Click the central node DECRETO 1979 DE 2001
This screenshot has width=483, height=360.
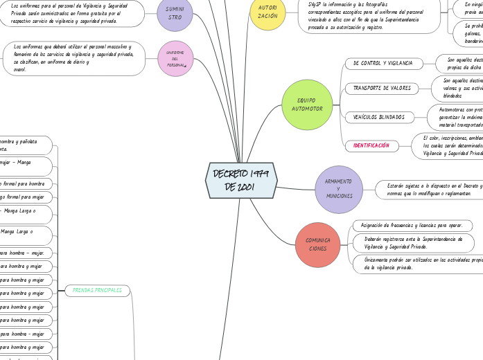(241, 180)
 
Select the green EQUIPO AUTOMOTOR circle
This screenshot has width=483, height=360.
(307, 105)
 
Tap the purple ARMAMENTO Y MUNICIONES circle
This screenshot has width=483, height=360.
(338, 189)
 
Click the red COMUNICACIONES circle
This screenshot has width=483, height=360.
(318, 244)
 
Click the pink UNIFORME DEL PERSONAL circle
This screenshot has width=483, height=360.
(175, 58)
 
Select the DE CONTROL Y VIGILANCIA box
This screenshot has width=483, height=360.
(383, 64)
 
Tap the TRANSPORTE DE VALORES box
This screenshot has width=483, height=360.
(382, 89)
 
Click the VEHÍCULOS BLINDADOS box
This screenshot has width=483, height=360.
(379, 117)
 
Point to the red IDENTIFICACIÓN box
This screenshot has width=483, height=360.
(371, 145)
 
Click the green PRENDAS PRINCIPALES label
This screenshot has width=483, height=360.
(97, 290)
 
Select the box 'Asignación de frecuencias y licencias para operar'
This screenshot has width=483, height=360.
(412, 226)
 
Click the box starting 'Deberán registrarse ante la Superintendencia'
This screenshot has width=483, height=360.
(414, 242)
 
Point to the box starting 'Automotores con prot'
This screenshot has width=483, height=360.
(455, 117)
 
